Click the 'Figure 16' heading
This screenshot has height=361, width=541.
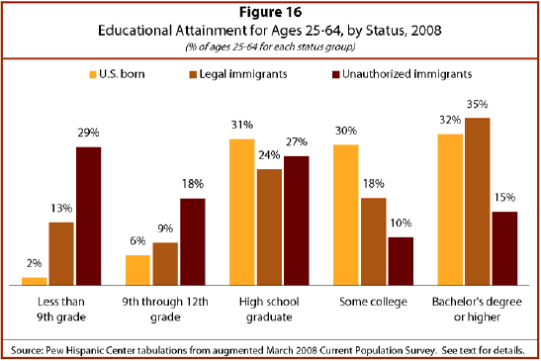[270, 13]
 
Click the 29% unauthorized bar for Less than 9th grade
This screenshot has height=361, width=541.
[88, 216]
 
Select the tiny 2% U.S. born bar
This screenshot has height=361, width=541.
[36, 281]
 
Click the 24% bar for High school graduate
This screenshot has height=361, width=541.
[268, 226]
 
